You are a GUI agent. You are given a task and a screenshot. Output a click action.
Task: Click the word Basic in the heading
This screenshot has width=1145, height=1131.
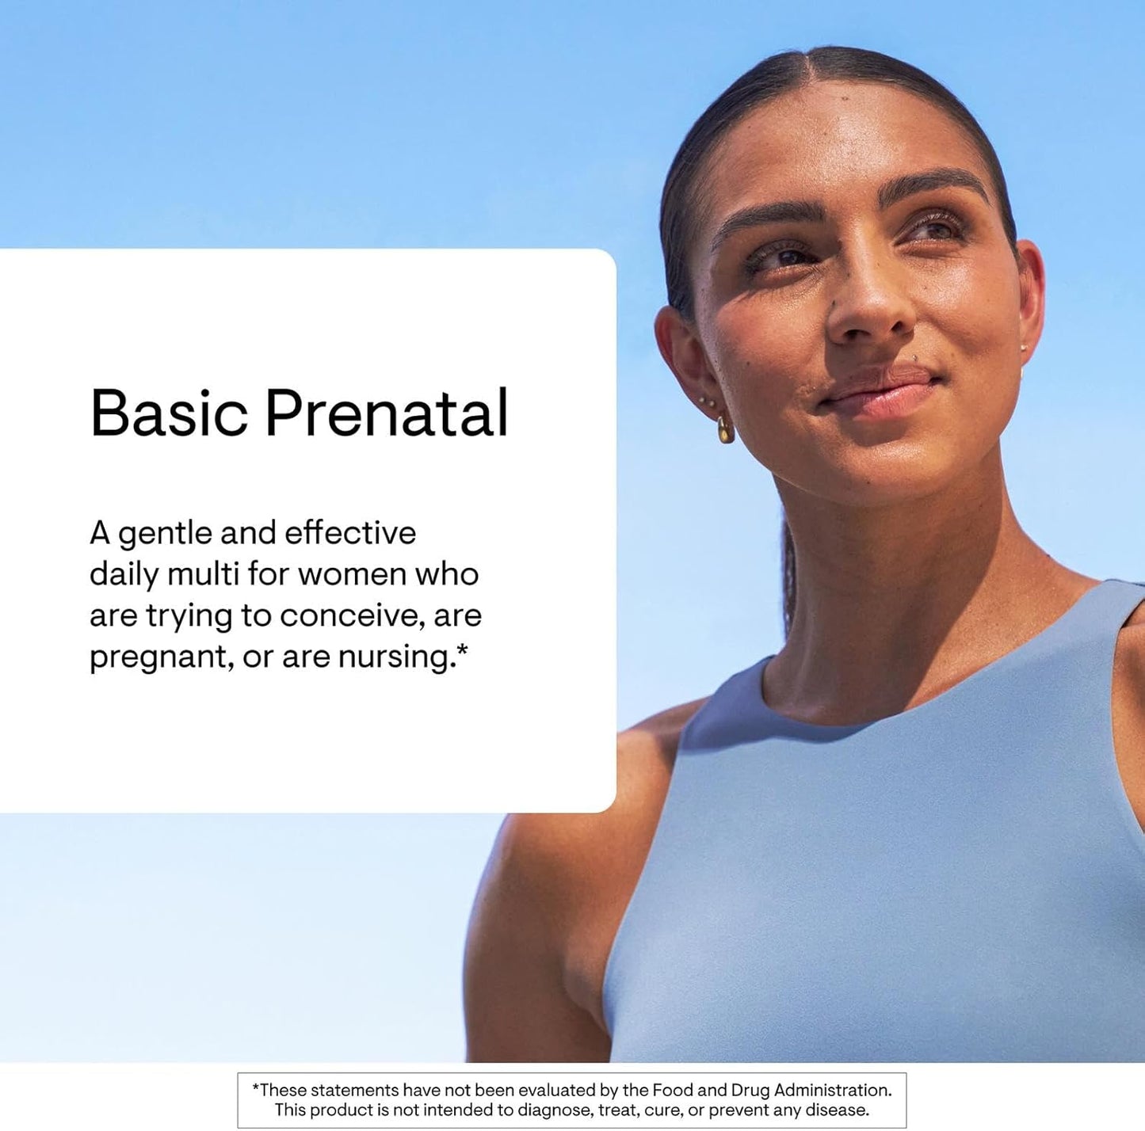click(169, 413)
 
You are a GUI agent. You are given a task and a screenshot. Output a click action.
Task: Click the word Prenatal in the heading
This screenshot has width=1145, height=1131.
click(386, 413)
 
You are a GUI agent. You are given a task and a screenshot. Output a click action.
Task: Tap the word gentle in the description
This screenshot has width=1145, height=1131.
click(165, 535)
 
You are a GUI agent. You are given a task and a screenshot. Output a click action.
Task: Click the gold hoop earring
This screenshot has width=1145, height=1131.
click(725, 430)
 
